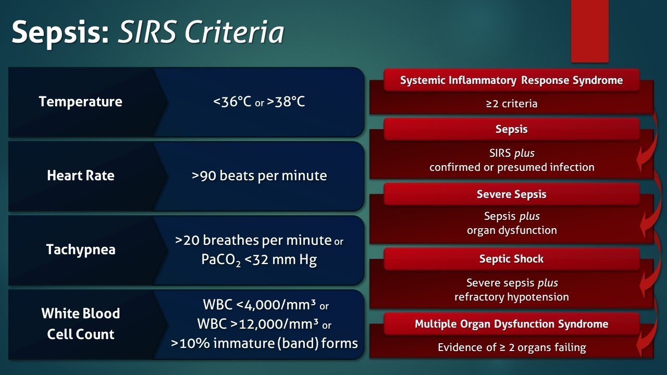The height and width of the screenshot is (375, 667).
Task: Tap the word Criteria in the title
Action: [234, 32]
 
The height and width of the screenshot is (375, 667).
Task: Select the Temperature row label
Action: [80, 102]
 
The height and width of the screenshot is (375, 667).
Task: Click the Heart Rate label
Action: [81, 176]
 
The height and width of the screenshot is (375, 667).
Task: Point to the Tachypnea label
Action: [81, 249]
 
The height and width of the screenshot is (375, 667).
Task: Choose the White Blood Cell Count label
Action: [81, 323]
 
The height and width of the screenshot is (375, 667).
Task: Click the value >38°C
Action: [286, 102]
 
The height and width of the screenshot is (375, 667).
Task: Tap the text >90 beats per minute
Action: [259, 176]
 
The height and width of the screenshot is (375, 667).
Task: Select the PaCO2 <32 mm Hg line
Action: [259, 259]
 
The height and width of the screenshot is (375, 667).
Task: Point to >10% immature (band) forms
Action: [264, 343]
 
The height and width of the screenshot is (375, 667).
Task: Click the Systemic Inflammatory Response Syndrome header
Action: [512, 80]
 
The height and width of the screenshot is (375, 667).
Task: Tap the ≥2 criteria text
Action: [512, 104]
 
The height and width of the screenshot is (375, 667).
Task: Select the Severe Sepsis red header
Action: [512, 194]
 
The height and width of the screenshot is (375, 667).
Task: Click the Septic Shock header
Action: [512, 259]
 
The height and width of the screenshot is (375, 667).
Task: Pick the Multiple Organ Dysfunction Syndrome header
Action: [512, 324]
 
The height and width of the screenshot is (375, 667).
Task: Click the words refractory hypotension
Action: [512, 297]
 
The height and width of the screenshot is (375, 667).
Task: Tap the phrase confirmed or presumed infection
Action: [512, 167]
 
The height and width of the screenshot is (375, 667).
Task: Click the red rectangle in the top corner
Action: [589, 31]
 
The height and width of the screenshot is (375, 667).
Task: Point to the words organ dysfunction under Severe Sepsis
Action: [512, 230]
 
